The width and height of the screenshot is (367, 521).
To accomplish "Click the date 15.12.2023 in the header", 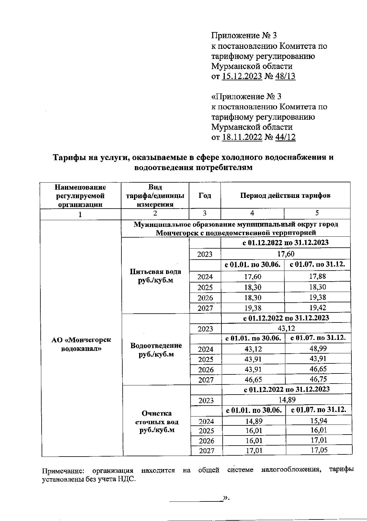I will pyautogui.click(x=242, y=76).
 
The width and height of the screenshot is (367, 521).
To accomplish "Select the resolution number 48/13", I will pyautogui.click(x=285, y=76).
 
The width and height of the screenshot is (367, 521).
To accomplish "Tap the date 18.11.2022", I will pyautogui.click(x=242, y=137).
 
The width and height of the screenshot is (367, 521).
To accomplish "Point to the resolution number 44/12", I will pyautogui.click(x=285, y=137).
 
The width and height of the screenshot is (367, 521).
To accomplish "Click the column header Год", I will pyautogui.click(x=205, y=195).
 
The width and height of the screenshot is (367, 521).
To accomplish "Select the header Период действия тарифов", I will pyautogui.click(x=285, y=195).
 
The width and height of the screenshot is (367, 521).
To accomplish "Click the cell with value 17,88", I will pyautogui.click(x=317, y=276).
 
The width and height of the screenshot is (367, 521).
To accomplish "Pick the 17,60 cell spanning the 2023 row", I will pyautogui.click(x=285, y=254).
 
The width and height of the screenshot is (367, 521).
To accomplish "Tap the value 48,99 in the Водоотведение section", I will pyautogui.click(x=318, y=348).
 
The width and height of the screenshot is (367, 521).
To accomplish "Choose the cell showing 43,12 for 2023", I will pyautogui.click(x=286, y=328).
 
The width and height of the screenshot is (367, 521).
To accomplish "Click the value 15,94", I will pyautogui.click(x=318, y=421).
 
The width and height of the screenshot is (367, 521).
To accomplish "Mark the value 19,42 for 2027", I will pyautogui.click(x=317, y=308).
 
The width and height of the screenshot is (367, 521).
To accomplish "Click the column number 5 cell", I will pyautogui.click(x=317, y=213).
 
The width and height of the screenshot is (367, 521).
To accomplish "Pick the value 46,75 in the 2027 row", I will pyautogui.click(x=318, y=379).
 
